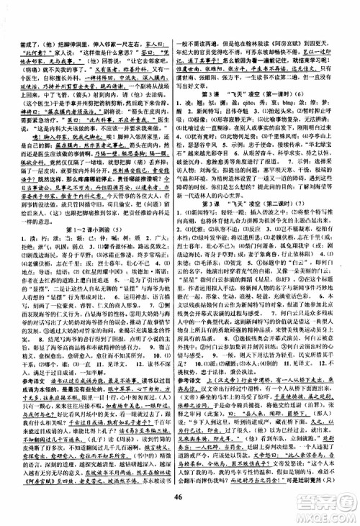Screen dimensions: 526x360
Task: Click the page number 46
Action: tap(179, 511)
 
